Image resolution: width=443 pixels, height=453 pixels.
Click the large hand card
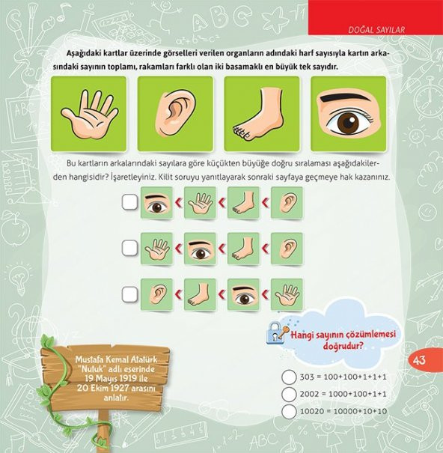(x=89, y=114)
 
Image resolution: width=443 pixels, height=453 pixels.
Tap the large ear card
(x=175, y=114)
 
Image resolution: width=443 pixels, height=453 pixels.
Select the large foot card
(x=262, y=114)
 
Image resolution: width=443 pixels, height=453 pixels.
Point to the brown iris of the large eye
(x=348, y=121)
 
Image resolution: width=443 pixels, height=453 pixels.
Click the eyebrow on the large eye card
(x=345, y=97)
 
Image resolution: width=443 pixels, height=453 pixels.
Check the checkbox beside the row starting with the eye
(x=129, y=201)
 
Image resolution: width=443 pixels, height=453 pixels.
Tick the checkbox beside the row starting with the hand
(x=129, y=248)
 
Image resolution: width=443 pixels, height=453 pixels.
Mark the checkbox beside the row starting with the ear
(x=129, y=294)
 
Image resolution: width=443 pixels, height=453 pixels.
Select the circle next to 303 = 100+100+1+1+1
(x=289, y=377)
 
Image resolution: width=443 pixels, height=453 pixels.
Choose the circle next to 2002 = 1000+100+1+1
(x=289, y=395)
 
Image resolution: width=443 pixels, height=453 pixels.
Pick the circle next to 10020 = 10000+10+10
(x=289, y=411)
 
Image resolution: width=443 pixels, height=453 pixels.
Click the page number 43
(x=419, y=360)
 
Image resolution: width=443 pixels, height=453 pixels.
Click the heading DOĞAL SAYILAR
(x=376, y=29)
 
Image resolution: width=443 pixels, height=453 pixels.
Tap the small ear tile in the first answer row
(x=287, y=202)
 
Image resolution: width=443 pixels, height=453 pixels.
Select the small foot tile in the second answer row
(x=243, y=249)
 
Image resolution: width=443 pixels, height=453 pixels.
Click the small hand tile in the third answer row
(x=287, y=295)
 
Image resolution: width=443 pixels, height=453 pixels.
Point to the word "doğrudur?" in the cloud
(x=343, y=346)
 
